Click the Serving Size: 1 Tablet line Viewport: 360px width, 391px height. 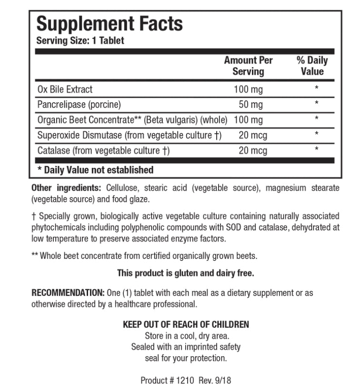click(x=80, y=41)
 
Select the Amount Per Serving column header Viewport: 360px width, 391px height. click(x=248, y=66)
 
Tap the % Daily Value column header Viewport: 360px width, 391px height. click(x=312, y=66)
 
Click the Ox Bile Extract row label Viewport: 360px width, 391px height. click(x=65, y=89)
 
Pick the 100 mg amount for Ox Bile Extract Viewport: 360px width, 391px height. click(x=248, y=89)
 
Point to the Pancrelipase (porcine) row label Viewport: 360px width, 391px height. click(x=79, y=104)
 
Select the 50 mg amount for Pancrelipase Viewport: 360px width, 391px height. click(x=250, y=104)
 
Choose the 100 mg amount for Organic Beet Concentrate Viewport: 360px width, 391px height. click(x=248, y=120)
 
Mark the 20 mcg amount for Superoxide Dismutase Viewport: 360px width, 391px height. click(x=253, y=136)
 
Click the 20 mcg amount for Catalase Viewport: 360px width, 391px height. click(x=253, y=151)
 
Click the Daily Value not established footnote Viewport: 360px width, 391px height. click(x=95, y=170)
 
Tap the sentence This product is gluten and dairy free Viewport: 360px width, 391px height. click(x=185, y=273)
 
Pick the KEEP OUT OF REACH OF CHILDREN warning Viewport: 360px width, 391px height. click(x=186, y=324)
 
